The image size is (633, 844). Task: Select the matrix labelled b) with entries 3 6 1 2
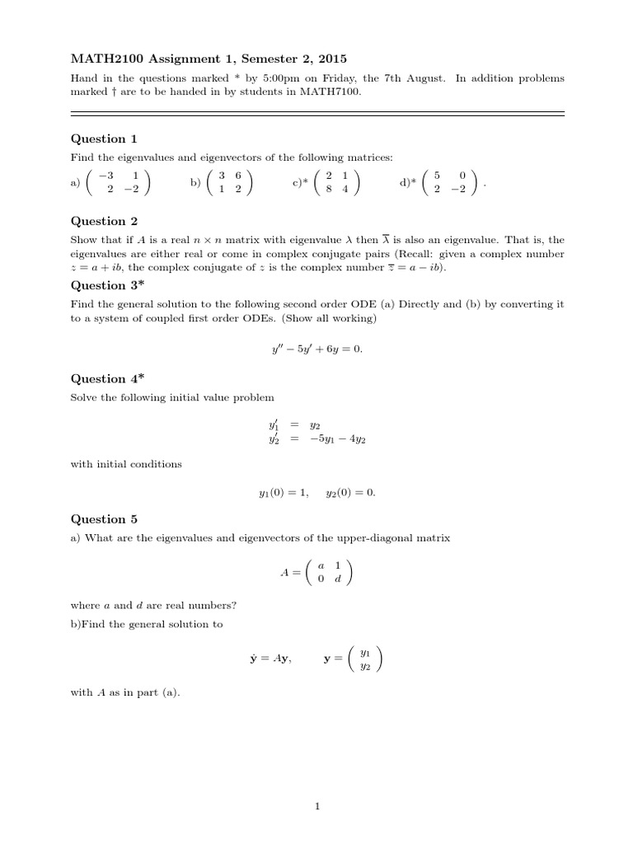point(230,183)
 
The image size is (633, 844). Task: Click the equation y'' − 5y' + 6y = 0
point(316,349)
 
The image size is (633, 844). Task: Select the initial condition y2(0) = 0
point(350,493)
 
